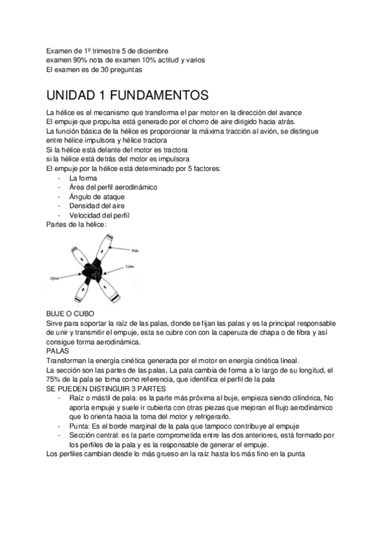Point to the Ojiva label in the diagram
54,278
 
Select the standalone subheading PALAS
59,350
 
